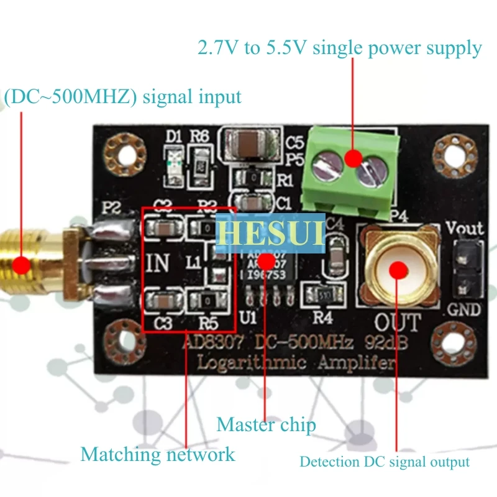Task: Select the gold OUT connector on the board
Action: [395, 267]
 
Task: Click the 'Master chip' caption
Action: [266, 425]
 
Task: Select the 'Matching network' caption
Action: [158, 454]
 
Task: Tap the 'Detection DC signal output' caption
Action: [385, 462]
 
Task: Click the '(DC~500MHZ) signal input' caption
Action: [122, 98]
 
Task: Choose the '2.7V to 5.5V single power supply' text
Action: [339, 48]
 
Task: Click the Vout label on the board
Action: [465, 228]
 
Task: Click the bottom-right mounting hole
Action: [458, 339]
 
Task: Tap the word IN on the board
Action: [160, 262]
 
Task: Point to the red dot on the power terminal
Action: [353, 158]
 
